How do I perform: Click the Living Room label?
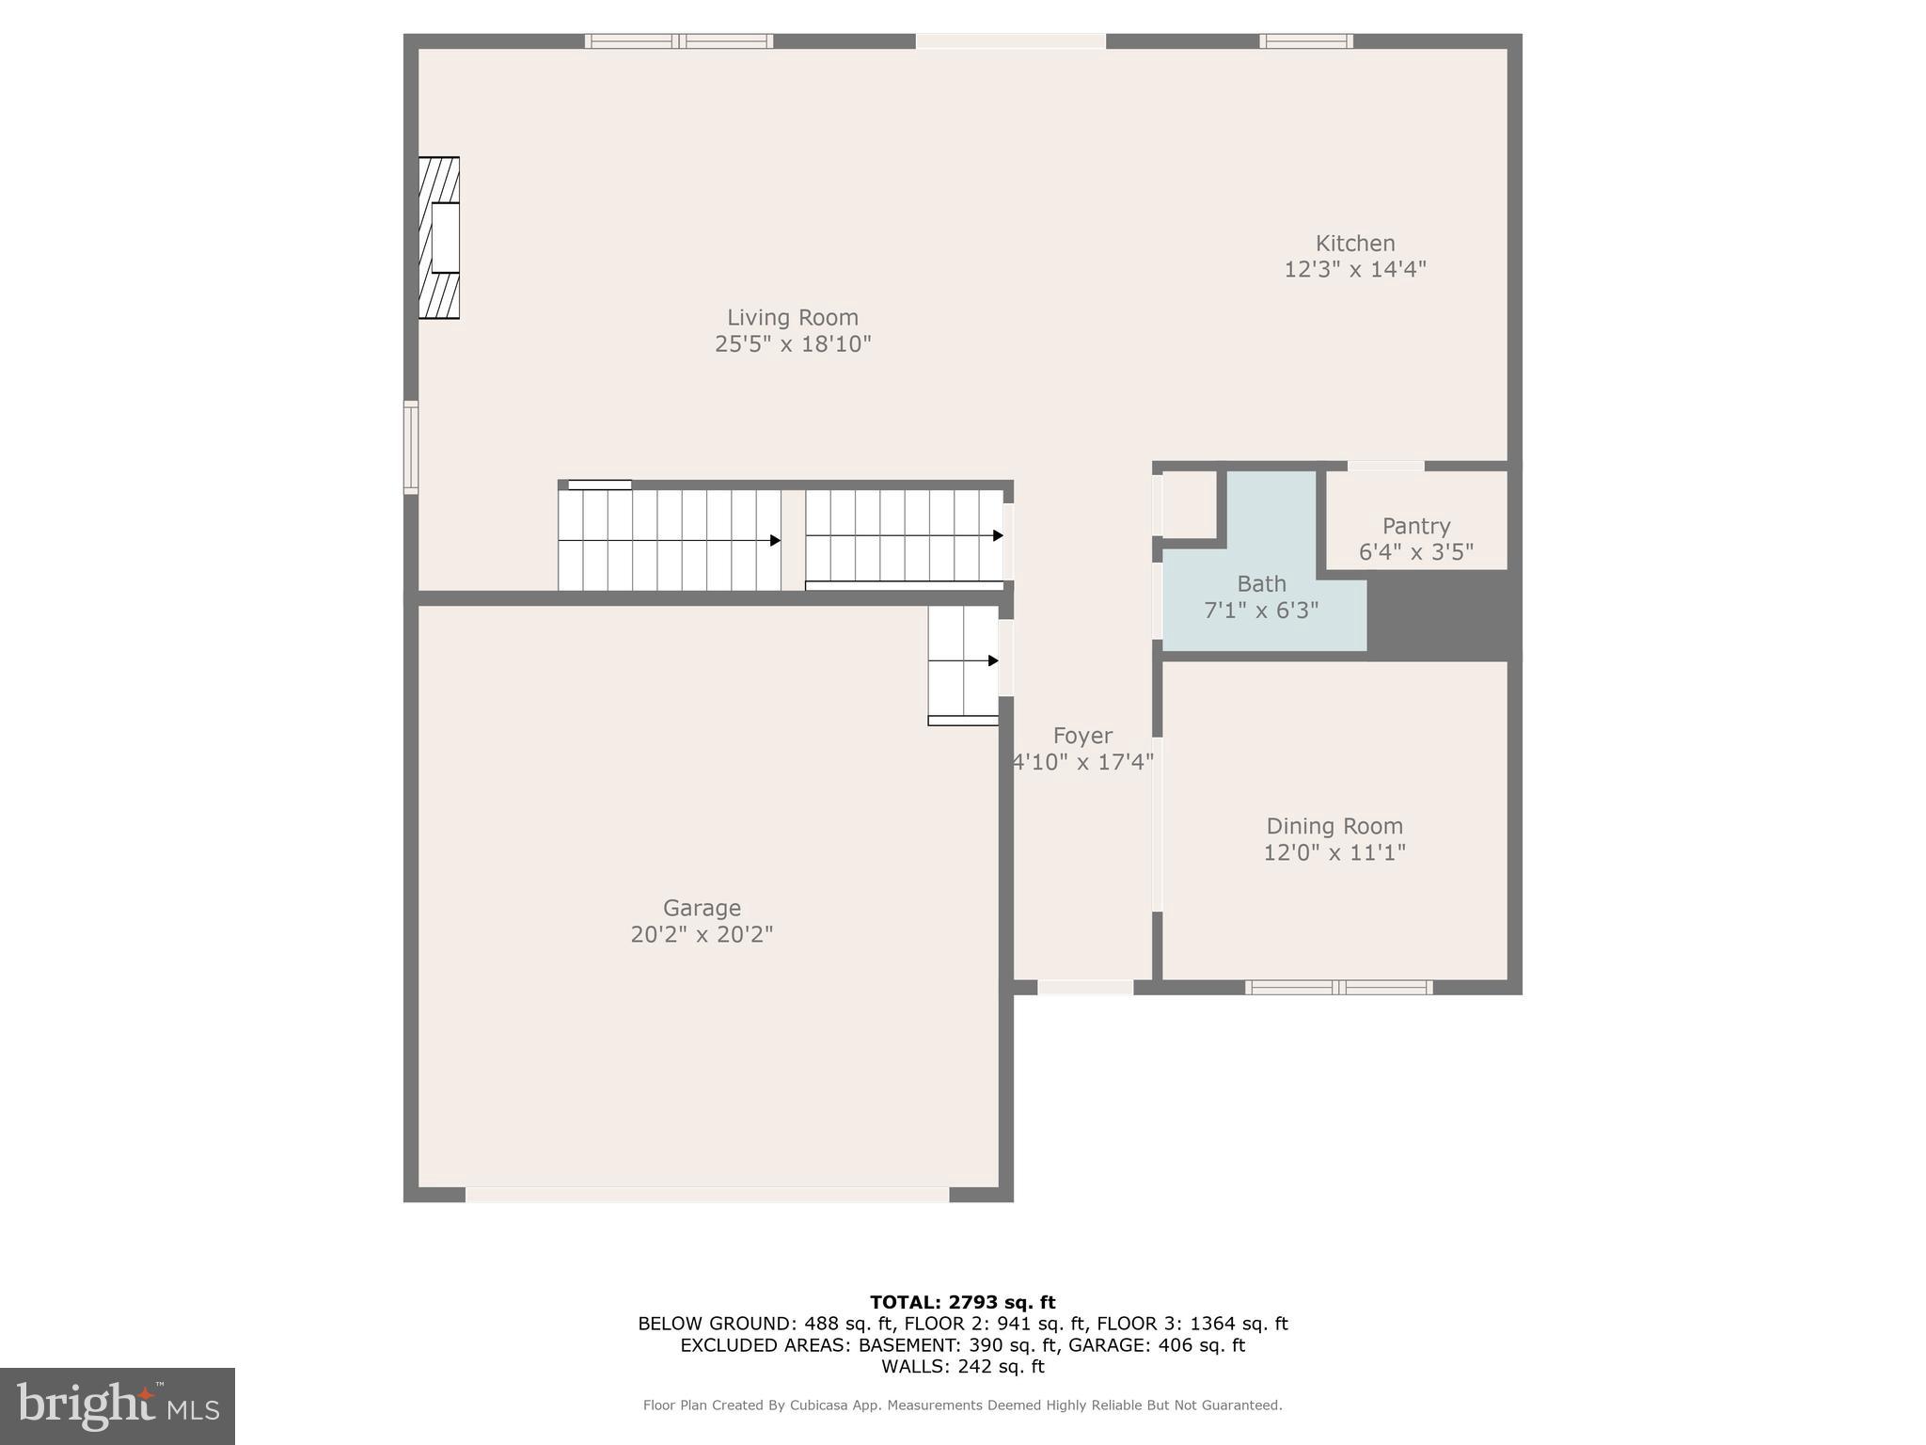click(792, 318)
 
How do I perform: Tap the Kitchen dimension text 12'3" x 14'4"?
click(1354, 269)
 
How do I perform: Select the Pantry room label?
click(1415, 526)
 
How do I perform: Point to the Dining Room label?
click(1334, 826)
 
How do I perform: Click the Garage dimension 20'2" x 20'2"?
click(702, 934)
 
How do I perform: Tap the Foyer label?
click(1081, 736)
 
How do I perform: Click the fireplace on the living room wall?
click(439, 238)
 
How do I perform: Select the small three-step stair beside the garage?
click(963, 664)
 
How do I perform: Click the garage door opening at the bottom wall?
click(707, 1194)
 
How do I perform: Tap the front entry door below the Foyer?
click(1085, 987)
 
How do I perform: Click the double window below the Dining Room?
click(1338, 987)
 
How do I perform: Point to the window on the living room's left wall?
click(411, 447)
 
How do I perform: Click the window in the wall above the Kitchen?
click(1305, 41)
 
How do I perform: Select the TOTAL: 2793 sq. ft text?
click(962, 1302)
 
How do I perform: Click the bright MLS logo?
click(117, 1405)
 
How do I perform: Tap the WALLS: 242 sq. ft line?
click(962, 1366)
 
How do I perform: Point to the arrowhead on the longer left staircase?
click(775, 540)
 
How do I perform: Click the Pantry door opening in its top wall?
click(1385, 466)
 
